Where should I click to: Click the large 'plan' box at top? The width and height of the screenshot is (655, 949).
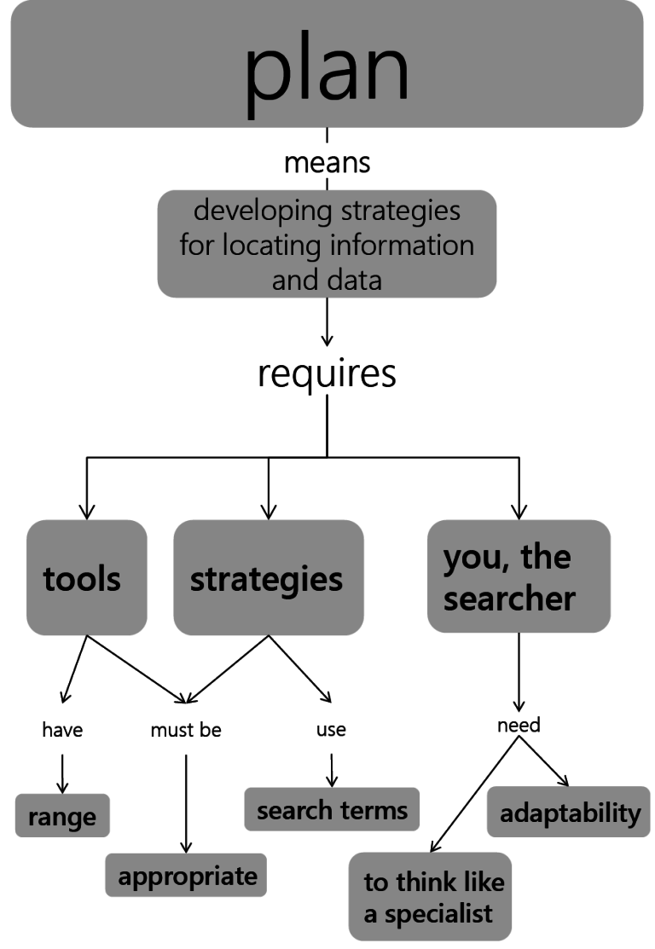[x=327, y=64]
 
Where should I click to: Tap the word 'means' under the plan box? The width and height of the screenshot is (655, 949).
[x=327, y=162]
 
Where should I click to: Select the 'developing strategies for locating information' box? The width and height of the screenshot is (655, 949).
[x=327, y=244]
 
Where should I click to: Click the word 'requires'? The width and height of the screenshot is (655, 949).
[x=327, y=373]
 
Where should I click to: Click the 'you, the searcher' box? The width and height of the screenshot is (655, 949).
[x=518, y=577]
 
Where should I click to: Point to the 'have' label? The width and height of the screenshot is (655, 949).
[x=62, y=730]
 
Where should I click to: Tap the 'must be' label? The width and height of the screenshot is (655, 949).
[x=186, y=730]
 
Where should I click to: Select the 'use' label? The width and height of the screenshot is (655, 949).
[x=331, y=730]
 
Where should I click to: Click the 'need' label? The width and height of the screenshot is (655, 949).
[x=519, y=726]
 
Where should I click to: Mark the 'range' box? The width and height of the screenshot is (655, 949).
[x=62, y=817]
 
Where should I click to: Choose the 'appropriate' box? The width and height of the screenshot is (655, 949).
[x=186, y=876]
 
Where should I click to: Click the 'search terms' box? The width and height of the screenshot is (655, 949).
[x=332, y=809]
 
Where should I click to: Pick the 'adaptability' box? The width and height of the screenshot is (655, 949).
[x=569, y=813]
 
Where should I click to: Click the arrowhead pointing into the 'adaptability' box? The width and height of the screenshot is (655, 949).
[x=563, y=780]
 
